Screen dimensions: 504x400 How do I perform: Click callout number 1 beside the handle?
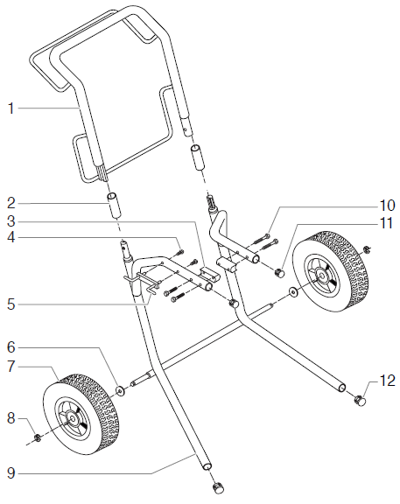(11, 108)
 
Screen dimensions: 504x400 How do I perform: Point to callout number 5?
(11, 304)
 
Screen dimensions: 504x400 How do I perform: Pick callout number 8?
(11, 418)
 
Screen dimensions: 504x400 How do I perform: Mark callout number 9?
(11, 474)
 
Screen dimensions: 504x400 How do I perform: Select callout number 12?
(388, 381)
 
